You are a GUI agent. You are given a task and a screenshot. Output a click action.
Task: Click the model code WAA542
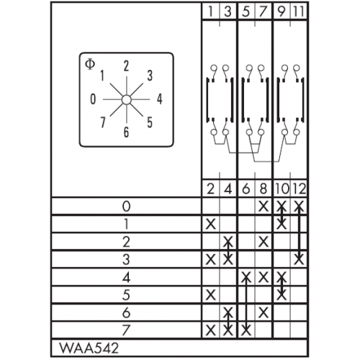point(89,348)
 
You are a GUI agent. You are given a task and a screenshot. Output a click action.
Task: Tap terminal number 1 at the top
point(211,12)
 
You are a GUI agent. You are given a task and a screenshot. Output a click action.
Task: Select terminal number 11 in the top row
point(299,12)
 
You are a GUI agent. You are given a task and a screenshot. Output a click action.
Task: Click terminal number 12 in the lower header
point(299,189)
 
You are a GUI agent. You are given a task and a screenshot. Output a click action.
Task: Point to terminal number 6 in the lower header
point(246,189)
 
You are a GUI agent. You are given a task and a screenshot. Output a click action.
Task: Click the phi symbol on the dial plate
point(90,64)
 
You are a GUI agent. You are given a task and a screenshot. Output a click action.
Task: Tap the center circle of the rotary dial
point(126,99)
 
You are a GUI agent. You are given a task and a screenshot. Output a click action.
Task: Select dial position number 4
point(160,99)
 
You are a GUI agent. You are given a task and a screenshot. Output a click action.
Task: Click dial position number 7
point(103,122)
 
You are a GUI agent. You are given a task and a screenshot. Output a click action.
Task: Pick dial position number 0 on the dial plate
point(93,99)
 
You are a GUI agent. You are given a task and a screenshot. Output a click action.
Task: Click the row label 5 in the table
point(126,294)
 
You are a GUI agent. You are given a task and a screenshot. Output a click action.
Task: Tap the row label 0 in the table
point(126,206)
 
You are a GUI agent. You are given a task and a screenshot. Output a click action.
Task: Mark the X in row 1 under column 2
point(211,224)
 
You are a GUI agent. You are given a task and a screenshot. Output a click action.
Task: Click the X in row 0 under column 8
point(264,206)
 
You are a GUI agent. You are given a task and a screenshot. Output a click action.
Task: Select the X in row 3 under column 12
point(299,259)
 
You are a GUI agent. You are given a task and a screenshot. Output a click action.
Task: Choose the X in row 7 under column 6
point(246,330)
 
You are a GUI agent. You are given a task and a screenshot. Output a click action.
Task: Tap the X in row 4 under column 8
point(264,277)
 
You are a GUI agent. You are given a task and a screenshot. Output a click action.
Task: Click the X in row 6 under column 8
point(264,312)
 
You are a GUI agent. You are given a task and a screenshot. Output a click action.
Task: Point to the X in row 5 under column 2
point(211,294)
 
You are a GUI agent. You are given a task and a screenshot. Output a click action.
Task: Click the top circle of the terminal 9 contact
point(284,68)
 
